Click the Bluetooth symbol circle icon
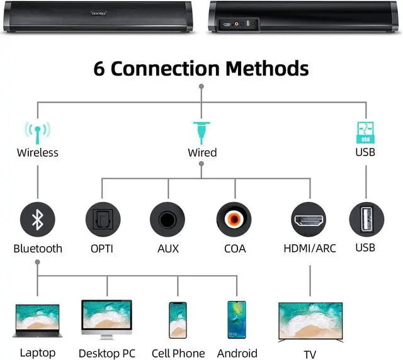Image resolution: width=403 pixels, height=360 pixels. (x=38, y=220)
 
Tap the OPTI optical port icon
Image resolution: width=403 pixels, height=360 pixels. (x=102, y=220)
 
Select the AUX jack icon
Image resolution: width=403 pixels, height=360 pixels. (x=167, y=220)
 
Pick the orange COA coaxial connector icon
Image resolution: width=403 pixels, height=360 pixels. (x=234, y=220)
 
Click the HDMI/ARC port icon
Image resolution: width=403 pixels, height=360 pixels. (x=309, y=220)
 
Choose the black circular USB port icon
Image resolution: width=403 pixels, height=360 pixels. (x=366, y=220)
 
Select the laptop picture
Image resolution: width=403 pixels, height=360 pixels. (x=38, y=320)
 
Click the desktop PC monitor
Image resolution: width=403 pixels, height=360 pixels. (x=106, y=318)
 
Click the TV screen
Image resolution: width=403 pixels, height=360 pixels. (x=310, y=322)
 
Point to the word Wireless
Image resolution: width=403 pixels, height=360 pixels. (x=38, y=152)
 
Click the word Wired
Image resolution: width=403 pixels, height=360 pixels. (x=202, y=152)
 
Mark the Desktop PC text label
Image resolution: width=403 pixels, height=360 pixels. (x=107, y=353)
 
